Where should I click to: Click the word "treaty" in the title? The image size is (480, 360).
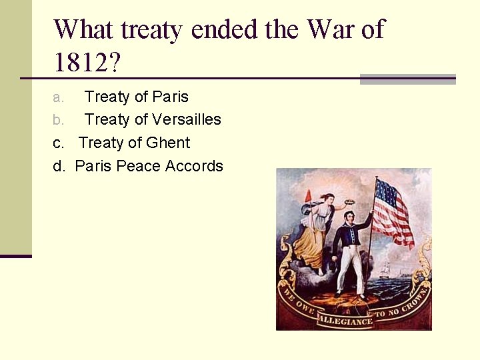point(152,31)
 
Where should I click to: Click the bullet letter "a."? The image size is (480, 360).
point(59,97)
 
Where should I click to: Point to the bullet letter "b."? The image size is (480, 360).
point(59,120)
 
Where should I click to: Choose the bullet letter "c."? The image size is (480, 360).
point(59,143)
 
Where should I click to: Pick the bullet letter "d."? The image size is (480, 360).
point(59,166)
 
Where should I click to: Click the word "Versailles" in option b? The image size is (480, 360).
point(187,119)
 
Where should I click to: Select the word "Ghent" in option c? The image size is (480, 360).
point(168,143)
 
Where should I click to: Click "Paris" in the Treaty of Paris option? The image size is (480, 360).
point(171,97)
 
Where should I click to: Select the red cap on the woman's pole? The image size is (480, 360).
point(308,195)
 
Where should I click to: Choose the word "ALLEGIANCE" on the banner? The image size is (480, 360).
point(345,321)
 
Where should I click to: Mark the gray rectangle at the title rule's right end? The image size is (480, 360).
point(407,79)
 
